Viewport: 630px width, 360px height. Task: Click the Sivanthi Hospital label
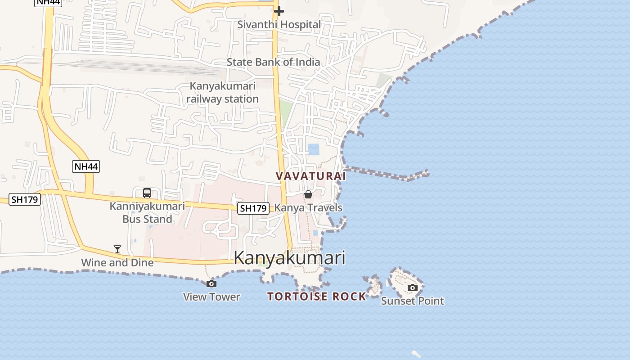tap(279, 24)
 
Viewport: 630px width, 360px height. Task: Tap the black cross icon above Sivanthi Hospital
tap(279, 11)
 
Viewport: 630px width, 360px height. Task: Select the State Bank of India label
tap(273, 62)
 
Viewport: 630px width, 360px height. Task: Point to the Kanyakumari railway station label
tap(223, 92)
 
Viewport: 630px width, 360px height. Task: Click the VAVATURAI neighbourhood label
tap(311, 176)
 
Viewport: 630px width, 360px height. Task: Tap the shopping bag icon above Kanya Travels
tap(308, 194)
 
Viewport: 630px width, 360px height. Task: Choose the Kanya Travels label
tap(308, 208)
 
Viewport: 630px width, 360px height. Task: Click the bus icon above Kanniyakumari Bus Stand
tap(147, 193)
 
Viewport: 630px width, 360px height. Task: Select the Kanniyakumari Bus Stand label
tap(147, 213)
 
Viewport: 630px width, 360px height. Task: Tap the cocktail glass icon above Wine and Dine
tap(117, 249)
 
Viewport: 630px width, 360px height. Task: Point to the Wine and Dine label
tap(117, 262)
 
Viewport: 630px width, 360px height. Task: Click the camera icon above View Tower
tap(211, 283)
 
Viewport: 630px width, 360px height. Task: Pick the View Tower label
tap(211, 297)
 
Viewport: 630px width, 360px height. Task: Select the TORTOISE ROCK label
tap(317, 297)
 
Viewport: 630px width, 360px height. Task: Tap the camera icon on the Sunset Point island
tap(413, 288)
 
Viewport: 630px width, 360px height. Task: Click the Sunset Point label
tap(413, 301)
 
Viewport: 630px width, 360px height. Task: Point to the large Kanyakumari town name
tap(290, 258)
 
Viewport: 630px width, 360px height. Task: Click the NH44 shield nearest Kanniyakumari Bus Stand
tap(86, 166)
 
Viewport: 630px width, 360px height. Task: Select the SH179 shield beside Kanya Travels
tap(253, 208)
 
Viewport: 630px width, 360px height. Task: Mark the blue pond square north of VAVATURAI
tap(314, 149)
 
